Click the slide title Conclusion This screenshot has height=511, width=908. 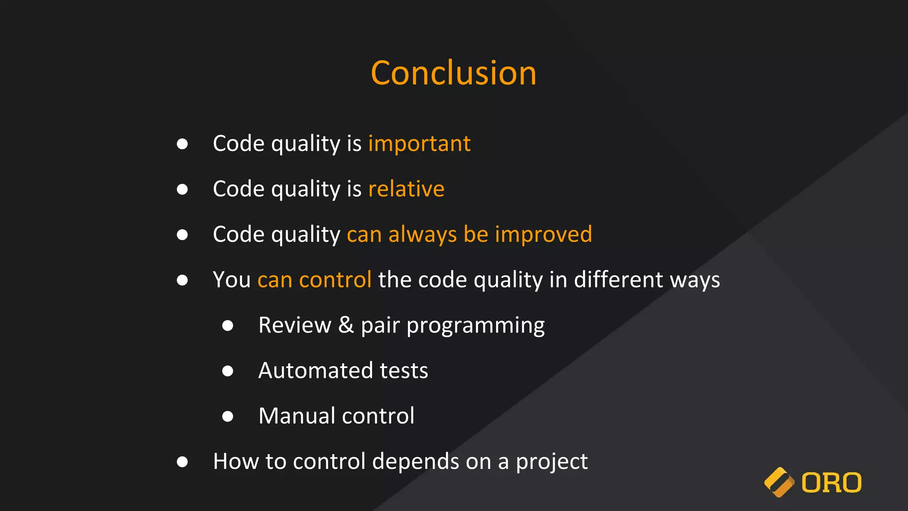tap(454, 73)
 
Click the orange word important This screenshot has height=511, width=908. tap(419, 144)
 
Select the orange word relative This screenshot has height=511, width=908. tap(406, 189)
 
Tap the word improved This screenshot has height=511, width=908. tap(543, 234)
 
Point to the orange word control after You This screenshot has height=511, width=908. tap(335, 280)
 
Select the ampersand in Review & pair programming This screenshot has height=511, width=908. tap(346, 325)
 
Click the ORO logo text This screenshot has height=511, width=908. tap(831, 483)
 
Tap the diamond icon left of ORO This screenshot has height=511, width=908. tap(779, 482)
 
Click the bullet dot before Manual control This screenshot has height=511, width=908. tap(227, 416)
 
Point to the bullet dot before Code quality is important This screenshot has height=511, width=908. tap(182, 144)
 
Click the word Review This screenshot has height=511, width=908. tap(295, 325)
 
